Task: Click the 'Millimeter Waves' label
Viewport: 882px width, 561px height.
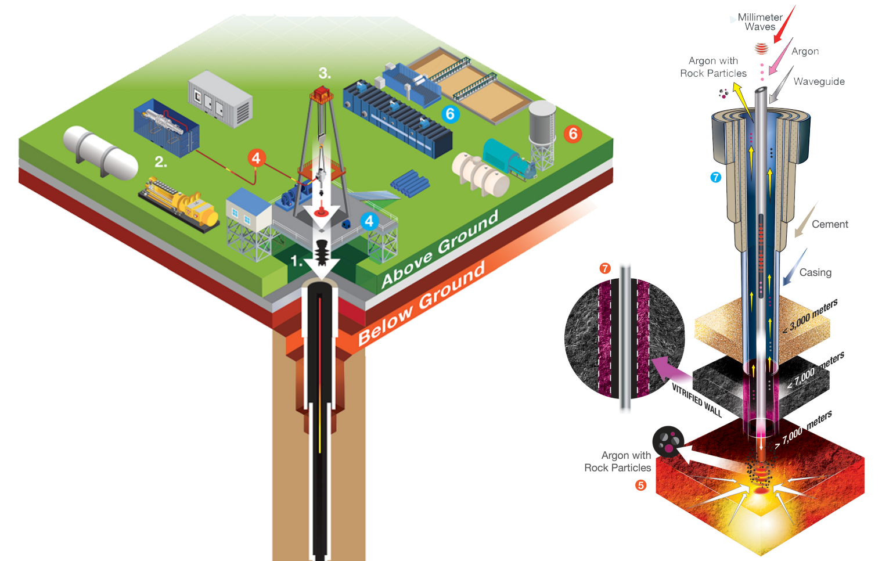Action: click(x=759, y=22)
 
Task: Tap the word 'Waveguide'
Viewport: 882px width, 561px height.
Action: click(x=819, y=82)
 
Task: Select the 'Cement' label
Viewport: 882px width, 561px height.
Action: click(x=830, y=224)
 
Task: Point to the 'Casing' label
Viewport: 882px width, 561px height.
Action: click(x=815, y=272)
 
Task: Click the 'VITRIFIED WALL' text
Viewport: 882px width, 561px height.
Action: click(x=696, y=400)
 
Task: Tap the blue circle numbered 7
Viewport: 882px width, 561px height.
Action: click(x=715, y=177)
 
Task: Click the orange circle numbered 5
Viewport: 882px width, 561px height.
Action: click(x=640, y=485)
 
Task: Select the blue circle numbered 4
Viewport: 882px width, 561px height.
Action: click(x=369, y=221)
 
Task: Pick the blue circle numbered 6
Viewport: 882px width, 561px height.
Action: click(x=450, y=114)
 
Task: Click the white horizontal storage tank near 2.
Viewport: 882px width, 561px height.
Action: click(x=100, y=152)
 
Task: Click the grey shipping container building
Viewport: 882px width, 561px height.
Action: click(x=220, y=99)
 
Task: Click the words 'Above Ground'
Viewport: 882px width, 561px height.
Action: click(x=440, y=250)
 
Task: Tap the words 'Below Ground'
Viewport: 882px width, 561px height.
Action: click(x=421, y=303)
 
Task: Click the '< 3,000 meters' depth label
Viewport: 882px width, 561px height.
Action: click(x=811, y=317)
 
